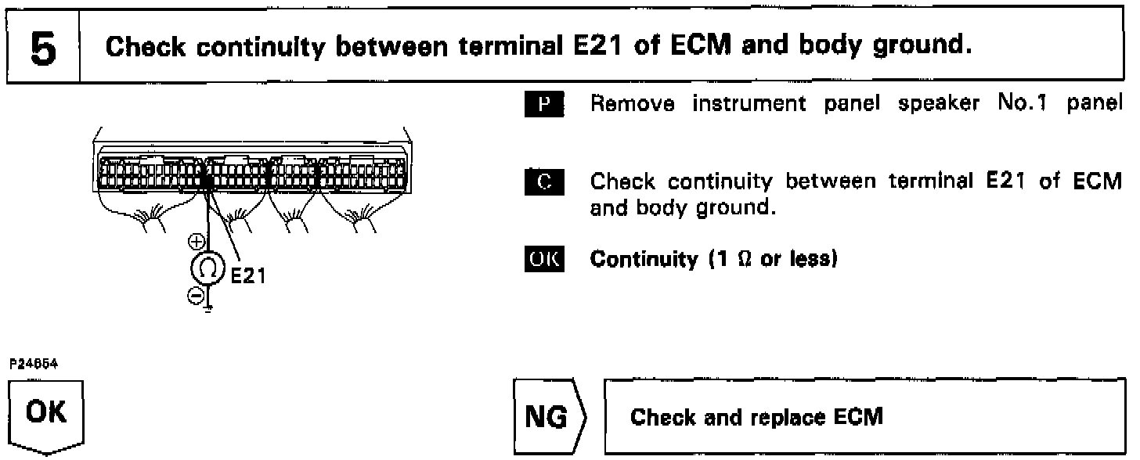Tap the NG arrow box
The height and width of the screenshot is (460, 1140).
pos(554,417)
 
